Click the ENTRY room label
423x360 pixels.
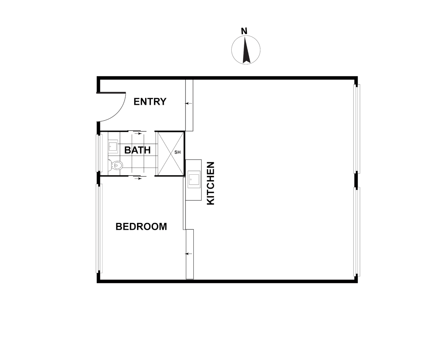(150, 102)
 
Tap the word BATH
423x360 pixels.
(137, 150)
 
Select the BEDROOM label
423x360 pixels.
(141, 227)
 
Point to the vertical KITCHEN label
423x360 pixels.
(211, 183)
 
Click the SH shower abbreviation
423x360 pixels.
(177, 152)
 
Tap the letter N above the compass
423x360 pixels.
(244, 31)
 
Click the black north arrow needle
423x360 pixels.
(246, 50)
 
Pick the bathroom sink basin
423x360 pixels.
(113, 146)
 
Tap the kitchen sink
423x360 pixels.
(194, 179)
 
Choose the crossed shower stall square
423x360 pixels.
(170, 153)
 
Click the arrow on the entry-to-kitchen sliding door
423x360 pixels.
(189, 103)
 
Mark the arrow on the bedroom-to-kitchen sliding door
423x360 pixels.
(189, 254)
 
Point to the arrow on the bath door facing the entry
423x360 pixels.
(137, 133)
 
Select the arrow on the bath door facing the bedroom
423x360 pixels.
(137, 179)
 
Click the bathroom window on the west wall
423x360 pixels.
(98, 153)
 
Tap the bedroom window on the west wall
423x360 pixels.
(98, 228)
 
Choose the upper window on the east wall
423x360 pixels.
(357, 129)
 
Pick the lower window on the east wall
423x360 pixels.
(357, 232)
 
